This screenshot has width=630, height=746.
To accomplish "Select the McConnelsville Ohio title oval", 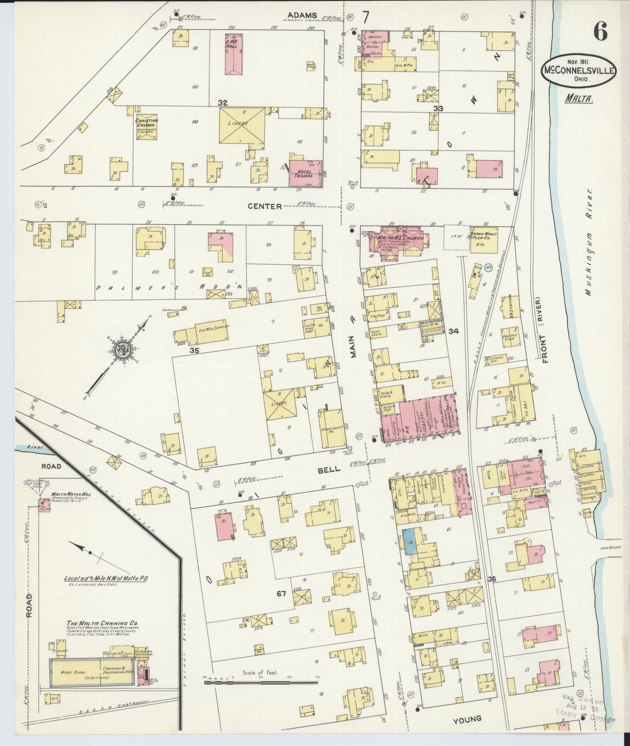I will (x=579, y=71).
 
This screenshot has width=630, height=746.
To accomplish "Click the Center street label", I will (x=264, y=206).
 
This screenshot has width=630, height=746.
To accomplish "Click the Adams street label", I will (x=301, y=16).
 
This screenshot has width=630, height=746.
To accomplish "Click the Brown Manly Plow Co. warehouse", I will (x=483, y=239).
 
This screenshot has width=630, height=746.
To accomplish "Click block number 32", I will (x=223, y=103).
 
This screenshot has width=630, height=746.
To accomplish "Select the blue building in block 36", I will (x=410, y=542).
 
